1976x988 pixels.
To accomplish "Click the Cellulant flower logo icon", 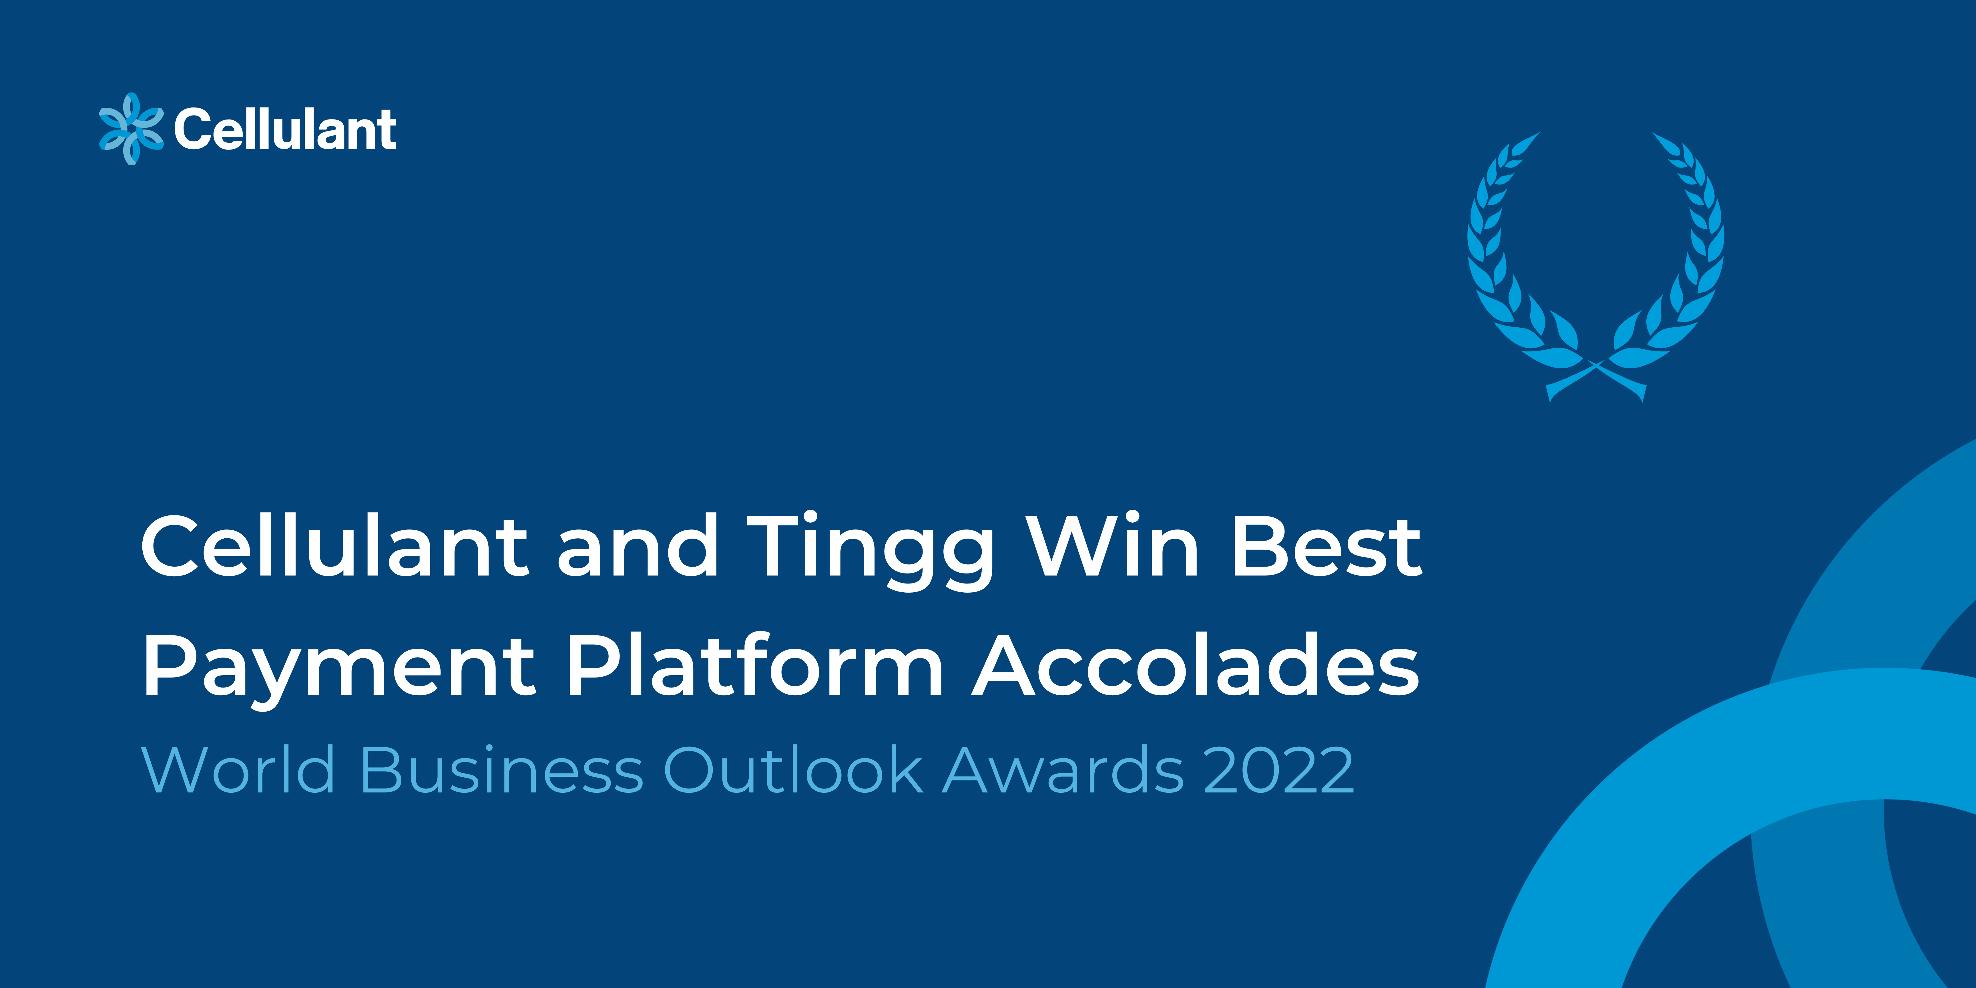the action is click(131, 129).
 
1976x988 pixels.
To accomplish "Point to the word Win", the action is click(1113, 545).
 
